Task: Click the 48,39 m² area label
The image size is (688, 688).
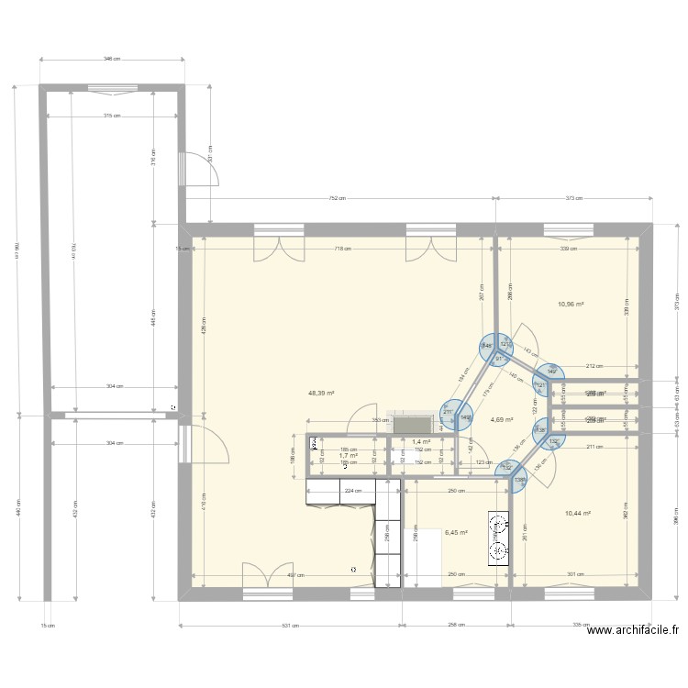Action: (321, 393)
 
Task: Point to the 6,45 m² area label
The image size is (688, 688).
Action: (456, 531)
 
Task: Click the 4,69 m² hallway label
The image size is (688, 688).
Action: (502, 420)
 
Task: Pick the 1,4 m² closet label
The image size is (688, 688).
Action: (421, 441)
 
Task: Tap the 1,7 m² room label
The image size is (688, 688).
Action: (348, 455)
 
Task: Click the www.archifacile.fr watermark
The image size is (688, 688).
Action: (633, 630)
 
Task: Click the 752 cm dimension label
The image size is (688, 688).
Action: (337, 198)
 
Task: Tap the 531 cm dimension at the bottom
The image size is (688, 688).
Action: (290, 626)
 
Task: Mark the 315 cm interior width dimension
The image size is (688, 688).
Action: (112, 116)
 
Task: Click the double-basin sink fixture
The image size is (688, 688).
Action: (498, 538)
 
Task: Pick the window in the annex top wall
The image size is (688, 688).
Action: (112, 88)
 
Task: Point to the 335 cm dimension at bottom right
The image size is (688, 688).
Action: (580, 626)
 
